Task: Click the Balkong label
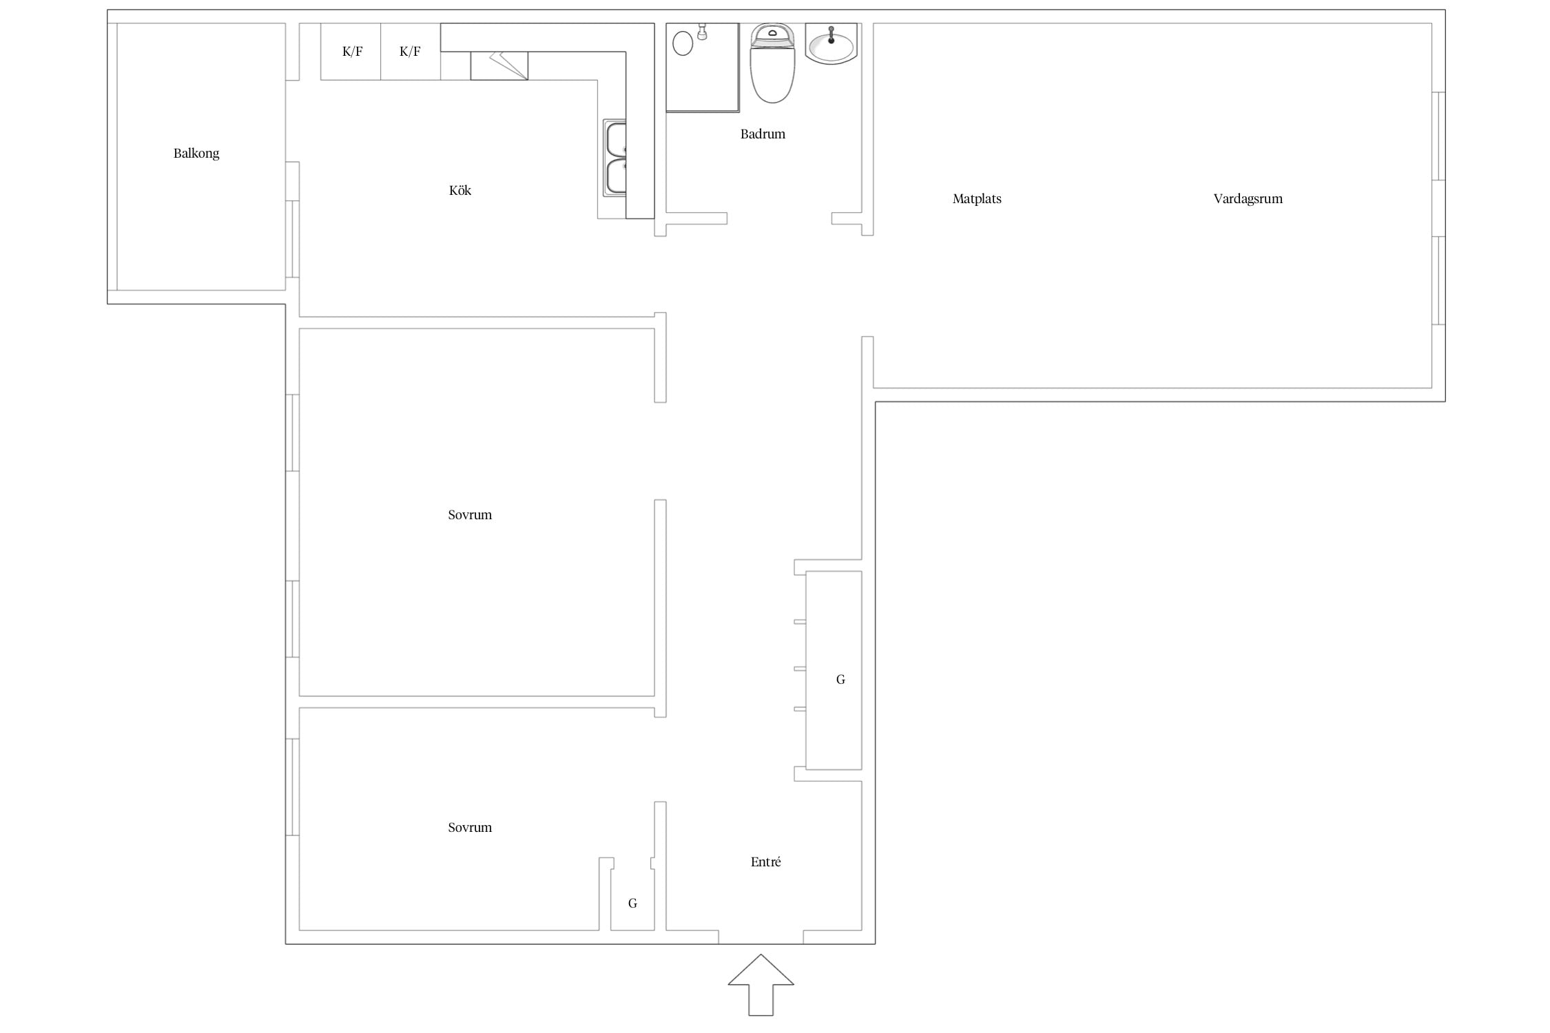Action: tap(196, 154)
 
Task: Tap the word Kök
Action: tap(460, 190)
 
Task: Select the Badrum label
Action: tap(763, 134)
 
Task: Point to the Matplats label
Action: tap(977, 199)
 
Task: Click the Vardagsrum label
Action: tap(1248, 199)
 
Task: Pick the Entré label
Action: tap(765, 862)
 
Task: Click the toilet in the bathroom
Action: tap(772, 63)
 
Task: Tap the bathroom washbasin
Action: tap(831, 44)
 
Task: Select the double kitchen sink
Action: tap(615, 158)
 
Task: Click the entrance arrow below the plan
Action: tap(761, 984)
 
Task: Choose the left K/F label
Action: tap(352, 52)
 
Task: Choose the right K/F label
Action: tap(410, 52)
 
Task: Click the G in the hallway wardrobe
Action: tap(840, 680)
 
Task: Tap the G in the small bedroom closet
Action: tap(632, 904)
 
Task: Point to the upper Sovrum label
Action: tap(470, 515)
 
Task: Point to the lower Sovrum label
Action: tap(470, 828)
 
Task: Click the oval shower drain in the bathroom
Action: tap(683, 43)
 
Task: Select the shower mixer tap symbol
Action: tap(703, 32)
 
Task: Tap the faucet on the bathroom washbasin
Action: tap(831, 35)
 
